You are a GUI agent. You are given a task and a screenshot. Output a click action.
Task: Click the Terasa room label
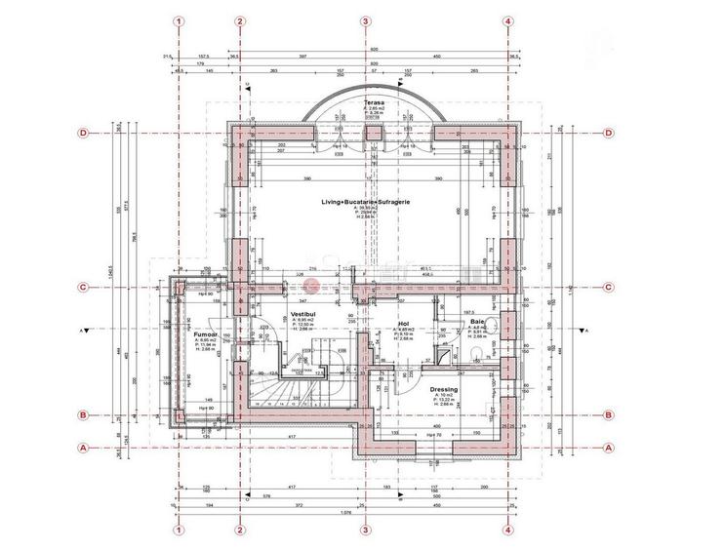372,102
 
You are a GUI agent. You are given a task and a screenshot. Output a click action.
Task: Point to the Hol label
402,322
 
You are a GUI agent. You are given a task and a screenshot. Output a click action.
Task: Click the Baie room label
477,322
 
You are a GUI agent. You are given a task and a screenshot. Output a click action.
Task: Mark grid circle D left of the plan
84,133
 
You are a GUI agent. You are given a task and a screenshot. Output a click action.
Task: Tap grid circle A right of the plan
608,448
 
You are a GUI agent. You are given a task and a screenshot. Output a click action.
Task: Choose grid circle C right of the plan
608,288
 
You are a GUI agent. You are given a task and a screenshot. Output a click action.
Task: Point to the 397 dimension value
302,56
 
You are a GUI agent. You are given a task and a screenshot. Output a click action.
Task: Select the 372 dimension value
302,505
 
